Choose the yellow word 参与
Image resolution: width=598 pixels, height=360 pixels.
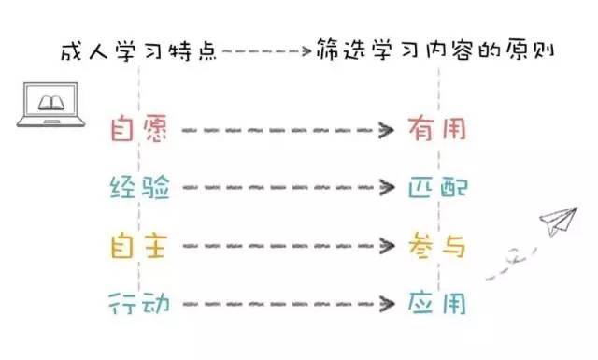pyautogui.click(x=436, y=246)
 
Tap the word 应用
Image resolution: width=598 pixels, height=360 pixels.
pyautogui.click(x=436, y=303)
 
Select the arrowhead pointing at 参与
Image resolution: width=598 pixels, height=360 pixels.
pyautogui.click(x=386, y=247)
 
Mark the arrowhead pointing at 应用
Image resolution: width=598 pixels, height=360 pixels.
pyautogui.click(x=386, y=304)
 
